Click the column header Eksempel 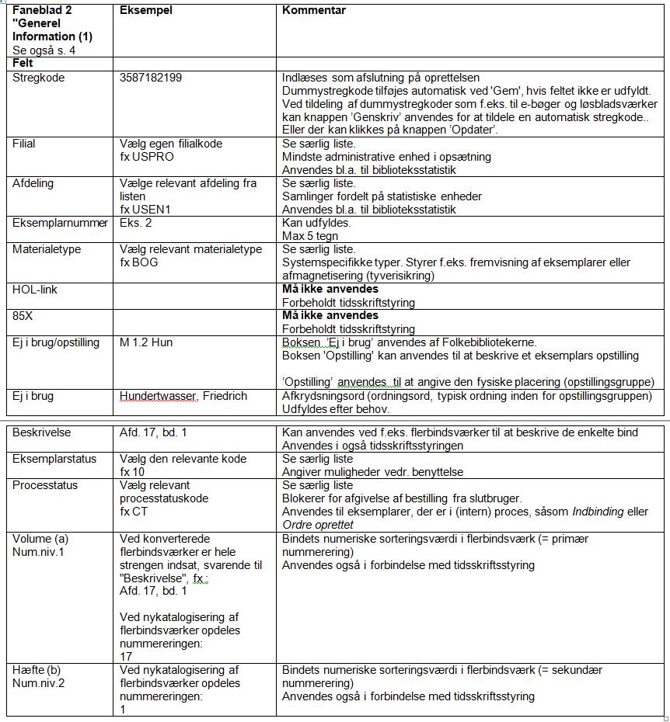coord(145,11)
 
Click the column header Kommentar coord(314,11)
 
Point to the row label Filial coord(24,144)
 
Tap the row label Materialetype coord(47,250)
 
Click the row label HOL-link coord(35,290)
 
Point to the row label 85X coord(23,316)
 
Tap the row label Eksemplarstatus coord(54,459)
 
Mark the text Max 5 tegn coord(311,236)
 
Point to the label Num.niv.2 coord(39,683)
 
